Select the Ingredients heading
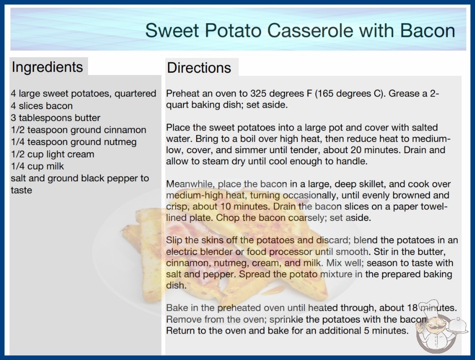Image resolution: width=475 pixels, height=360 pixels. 47,67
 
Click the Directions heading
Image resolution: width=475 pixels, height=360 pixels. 199,68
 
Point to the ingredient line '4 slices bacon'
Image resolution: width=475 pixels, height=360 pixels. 42,106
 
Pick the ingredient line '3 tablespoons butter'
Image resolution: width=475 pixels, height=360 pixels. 55,118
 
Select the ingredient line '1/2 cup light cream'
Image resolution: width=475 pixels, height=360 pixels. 52,154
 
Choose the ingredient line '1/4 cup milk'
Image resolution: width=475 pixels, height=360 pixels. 37,166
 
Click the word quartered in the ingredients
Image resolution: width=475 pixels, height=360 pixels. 135,94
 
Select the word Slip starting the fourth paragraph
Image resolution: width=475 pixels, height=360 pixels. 174,240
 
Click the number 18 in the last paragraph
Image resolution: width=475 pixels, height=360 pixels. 412,308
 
